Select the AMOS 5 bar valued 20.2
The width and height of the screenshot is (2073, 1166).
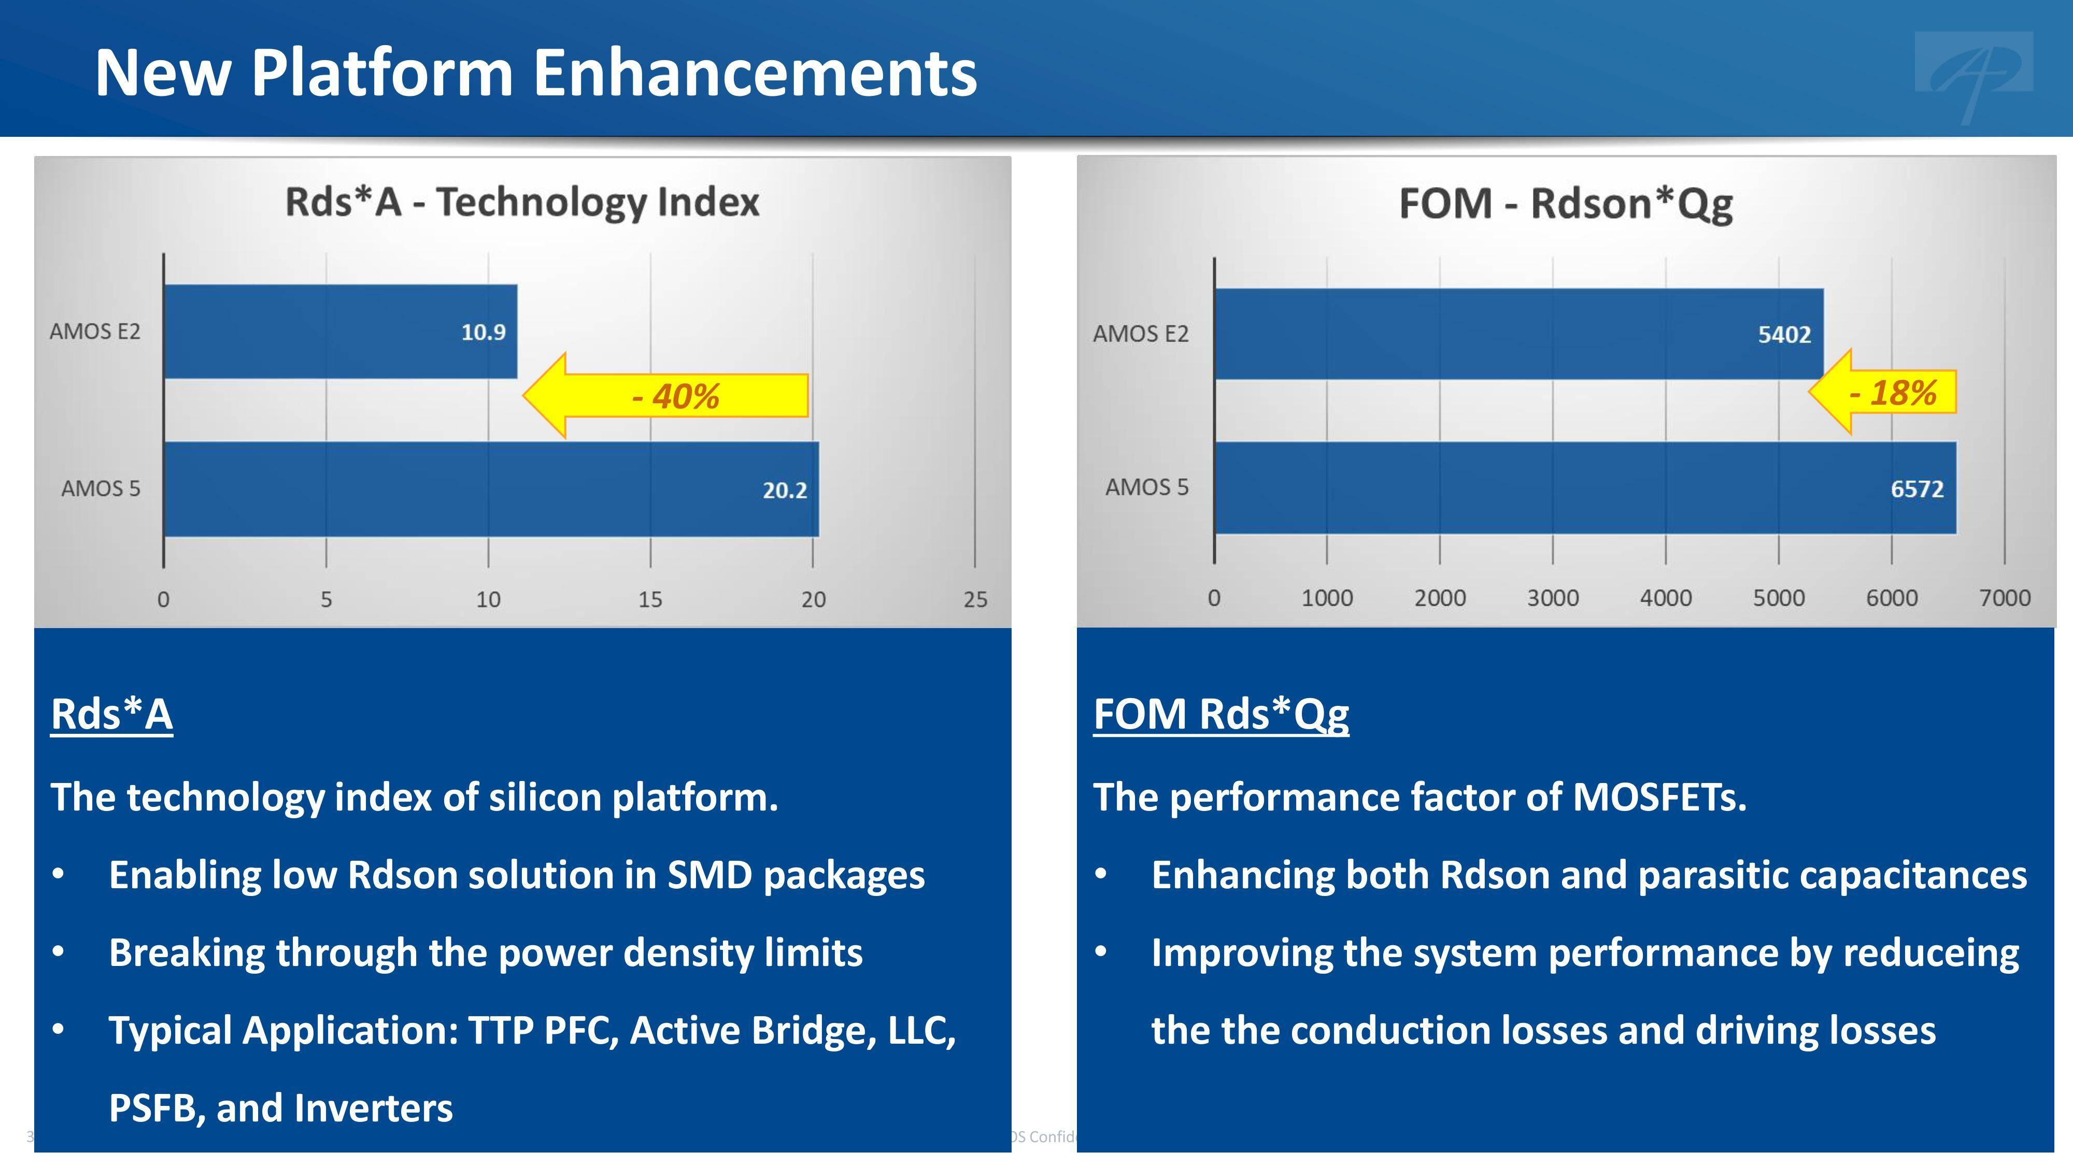point(491,489)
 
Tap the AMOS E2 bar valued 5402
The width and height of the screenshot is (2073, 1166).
point(1518,334)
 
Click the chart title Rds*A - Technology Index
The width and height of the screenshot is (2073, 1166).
point(522,202)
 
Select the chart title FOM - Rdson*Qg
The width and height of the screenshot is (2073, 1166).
point(1565,204)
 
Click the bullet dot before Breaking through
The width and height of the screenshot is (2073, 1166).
point(58,952)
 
